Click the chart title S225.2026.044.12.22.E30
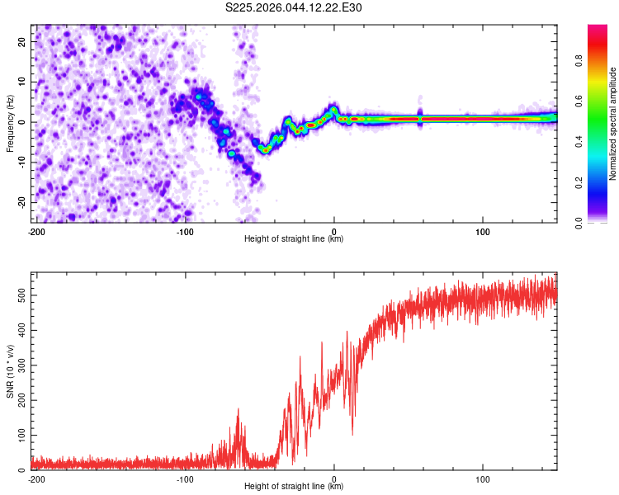point(294,8)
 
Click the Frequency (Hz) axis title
point(10,122)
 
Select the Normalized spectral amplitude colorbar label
point(612,124)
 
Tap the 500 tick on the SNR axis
point(19,295)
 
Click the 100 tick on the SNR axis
point(19,434)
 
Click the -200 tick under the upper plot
point(36,232)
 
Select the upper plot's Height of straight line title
point(294,239)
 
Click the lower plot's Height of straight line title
point(294,487)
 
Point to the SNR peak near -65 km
point(239,409)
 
